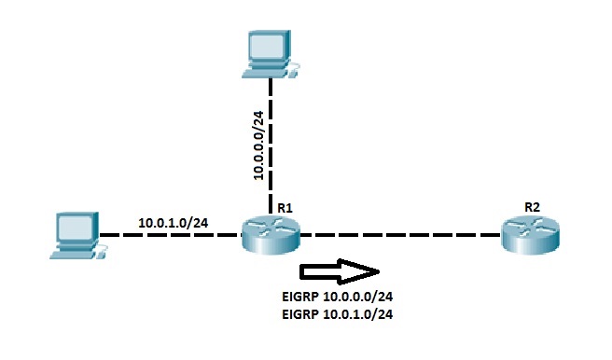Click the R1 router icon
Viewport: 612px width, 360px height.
pyautogui.click(x=271, y=234)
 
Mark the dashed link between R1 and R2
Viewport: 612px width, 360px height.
pyautogui.click(x=401, y=234)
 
